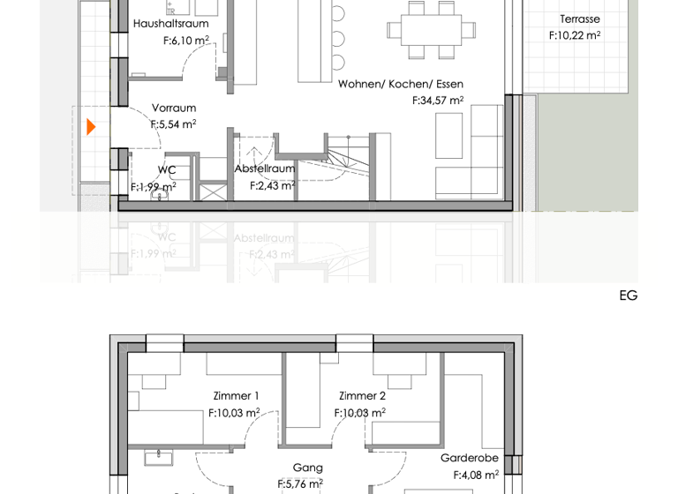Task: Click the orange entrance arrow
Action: click(x=91, y=127)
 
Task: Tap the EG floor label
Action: click(x=628, y=296)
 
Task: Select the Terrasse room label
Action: click(x=579, y=19)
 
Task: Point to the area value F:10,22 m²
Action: click(x=575, y=36)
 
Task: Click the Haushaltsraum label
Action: click(x=170, y=24)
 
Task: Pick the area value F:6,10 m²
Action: click(x=186, y=41)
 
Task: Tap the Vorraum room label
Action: click(x=173, y=109)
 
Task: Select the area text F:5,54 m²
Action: click(x=173, y=125)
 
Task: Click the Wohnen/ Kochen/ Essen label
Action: click(x=401, y=85)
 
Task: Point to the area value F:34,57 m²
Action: click(x=438, y=101)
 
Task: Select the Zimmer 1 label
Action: click(x=236, y=396)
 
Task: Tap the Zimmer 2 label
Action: click(x=362, y=396)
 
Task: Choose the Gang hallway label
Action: click(x=307, y=468)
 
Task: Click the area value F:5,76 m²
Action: click(x=300, y=484)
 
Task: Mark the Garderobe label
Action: click(x=469, y=458)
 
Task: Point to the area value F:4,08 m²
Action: click(x=476, y=475)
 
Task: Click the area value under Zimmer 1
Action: click(x=234, y=413)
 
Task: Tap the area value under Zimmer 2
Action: click(x=359, y=413)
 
